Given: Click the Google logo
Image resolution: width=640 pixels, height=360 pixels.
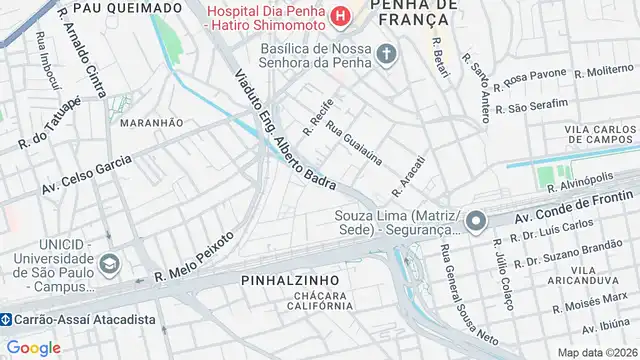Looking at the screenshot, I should click(34, 347).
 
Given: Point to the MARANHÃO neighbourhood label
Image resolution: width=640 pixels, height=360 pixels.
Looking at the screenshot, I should click(151, 122).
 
